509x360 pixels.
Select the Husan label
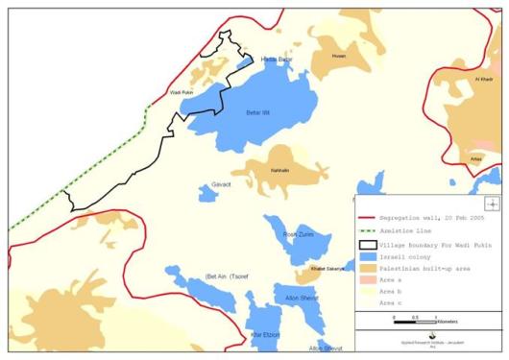[338, 57]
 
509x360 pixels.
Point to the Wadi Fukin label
[182, 92]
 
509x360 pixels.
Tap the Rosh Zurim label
[297, 234]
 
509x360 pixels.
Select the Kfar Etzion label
[263, 334]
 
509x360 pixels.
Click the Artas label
[476, 159]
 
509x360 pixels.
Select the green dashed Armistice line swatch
[365, 231]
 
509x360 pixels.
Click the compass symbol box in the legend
[492, 204]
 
